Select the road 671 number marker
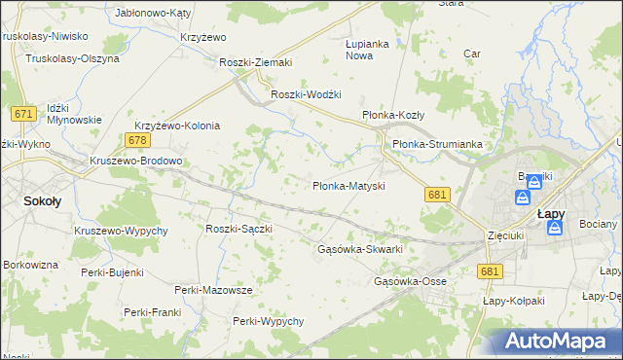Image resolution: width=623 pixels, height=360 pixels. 24,115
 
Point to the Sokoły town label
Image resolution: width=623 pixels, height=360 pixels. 42,202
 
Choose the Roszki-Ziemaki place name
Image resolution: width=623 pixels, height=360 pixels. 256,63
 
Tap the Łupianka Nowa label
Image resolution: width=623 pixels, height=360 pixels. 367,50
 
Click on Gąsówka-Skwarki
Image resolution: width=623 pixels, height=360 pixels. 360,249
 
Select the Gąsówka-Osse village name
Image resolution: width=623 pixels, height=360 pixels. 410,282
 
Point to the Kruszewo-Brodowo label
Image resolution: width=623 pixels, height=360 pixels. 135,161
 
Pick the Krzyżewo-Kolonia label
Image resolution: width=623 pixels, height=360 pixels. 177,126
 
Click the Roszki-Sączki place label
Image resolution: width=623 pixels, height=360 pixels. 238,229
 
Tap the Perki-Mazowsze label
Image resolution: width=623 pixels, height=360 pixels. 213,290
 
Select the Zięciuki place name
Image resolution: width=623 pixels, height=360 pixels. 506,235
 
